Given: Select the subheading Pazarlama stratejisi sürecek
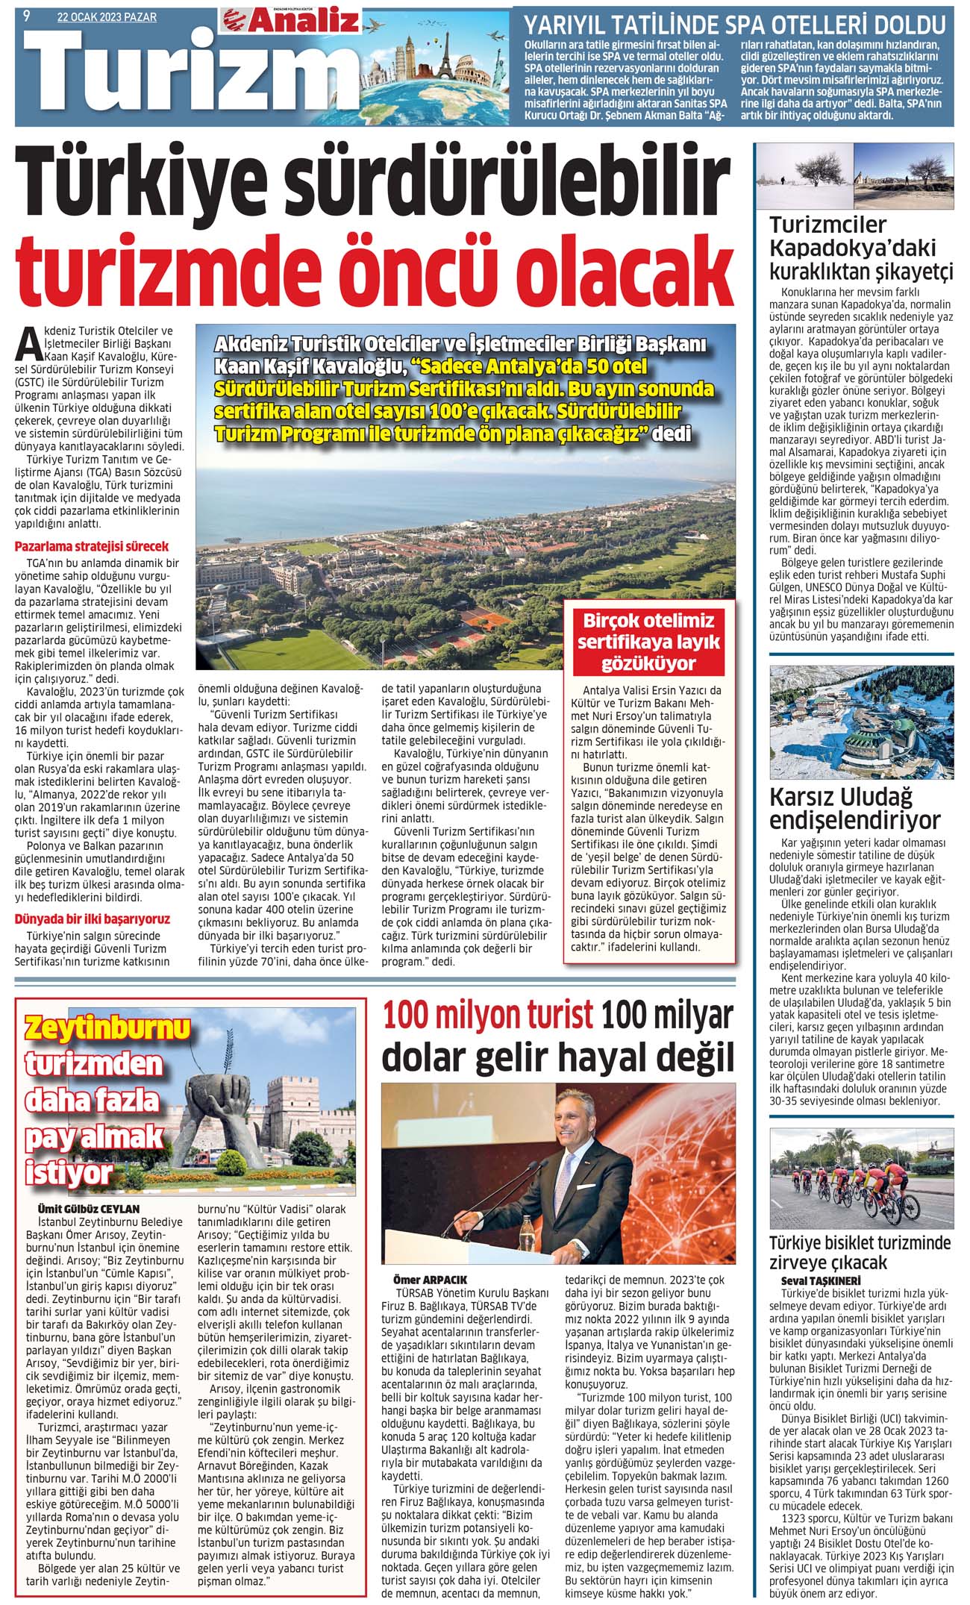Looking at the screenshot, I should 92,546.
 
